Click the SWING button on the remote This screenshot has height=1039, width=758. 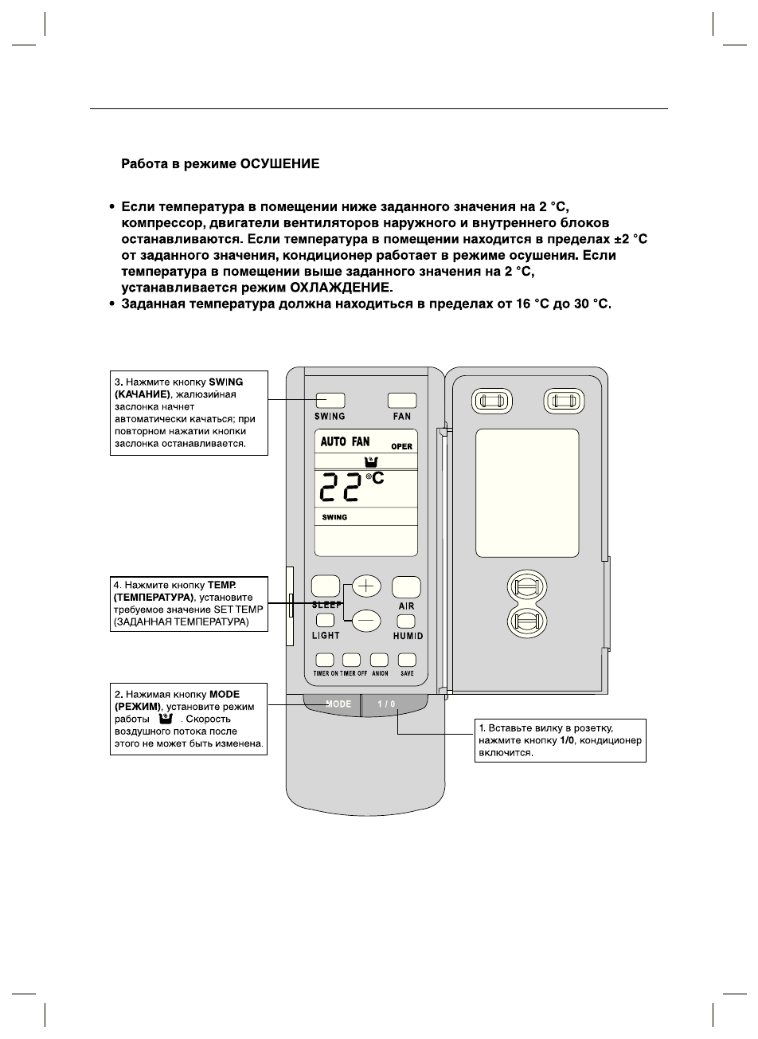click(330, 400)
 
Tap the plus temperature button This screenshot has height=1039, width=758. click(366, 586)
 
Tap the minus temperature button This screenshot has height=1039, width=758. click(366, 619)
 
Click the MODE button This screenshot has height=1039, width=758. click(338, 704)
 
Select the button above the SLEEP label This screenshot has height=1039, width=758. click(325, 586)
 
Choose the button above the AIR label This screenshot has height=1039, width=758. click(406, 586)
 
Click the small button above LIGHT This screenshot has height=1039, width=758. click(325, 621)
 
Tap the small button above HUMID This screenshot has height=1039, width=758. click(407, 621)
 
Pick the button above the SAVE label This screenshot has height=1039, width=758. click(407, 660)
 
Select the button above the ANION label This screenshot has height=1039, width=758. click(380, 660)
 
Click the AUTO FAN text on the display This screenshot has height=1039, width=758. click(345, 442)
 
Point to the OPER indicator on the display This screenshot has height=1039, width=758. click(402, 446)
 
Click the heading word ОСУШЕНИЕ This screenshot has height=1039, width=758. click(284, 164)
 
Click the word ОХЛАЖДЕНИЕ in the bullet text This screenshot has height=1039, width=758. click(342, 287)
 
